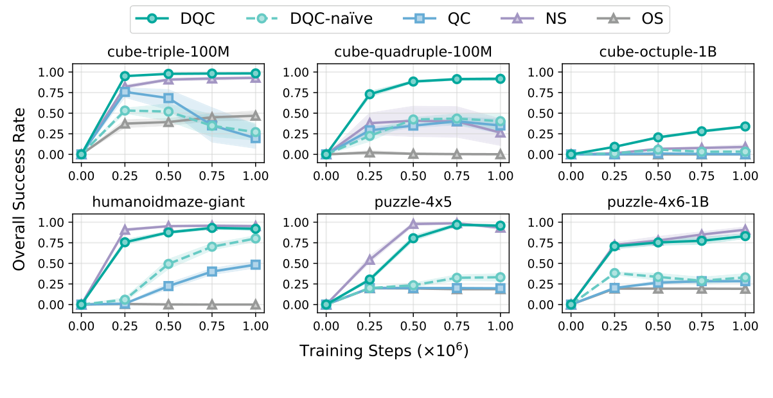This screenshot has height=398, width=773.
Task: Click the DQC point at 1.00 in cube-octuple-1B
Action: pyautogui.click(x=745, y=127)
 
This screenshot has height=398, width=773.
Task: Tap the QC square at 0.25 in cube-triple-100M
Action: pyautogui.click(x=125, y=92)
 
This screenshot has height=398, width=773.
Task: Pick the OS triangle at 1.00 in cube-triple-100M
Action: pyautogui.click(x=255, y=116)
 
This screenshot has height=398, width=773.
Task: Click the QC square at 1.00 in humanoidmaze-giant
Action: pyautogui.click(x=255, y=264)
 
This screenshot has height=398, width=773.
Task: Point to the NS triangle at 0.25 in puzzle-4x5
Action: pyautogui.click(x=369, y=259)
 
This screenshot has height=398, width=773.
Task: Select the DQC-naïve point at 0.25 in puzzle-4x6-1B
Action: pyautogui.click(x=614, y=273)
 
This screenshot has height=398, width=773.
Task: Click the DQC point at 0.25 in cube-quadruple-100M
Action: pyautogui.click(x=369, y=94)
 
